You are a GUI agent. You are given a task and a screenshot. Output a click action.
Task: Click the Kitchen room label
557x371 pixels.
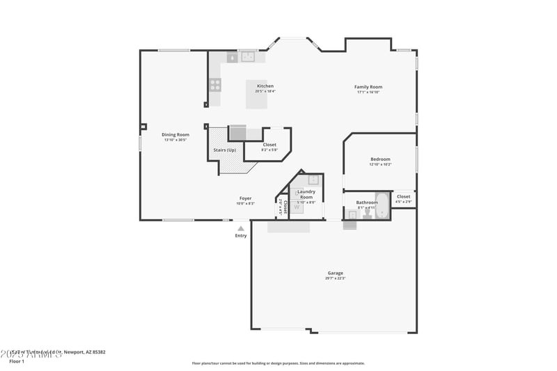point(265,86)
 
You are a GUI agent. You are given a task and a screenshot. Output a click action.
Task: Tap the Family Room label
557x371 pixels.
point(368,87)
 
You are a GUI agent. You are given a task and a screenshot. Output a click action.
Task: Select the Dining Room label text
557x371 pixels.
point(175,134)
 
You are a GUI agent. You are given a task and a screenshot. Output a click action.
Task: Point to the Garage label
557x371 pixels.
point(335,273)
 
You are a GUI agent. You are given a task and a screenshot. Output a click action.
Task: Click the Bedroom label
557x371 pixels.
point(380,159)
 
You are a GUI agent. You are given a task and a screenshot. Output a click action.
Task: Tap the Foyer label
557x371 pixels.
point(246,198)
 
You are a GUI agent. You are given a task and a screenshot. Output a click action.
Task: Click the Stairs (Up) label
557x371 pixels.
point(224,150)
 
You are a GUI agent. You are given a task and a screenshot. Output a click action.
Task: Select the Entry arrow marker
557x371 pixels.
point(241,228)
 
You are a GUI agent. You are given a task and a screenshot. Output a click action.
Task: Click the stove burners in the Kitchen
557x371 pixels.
point(216,85)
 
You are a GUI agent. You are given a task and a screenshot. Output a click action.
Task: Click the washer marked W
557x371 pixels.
point(297,207)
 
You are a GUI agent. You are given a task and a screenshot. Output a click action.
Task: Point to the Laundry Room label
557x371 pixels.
point(306,194)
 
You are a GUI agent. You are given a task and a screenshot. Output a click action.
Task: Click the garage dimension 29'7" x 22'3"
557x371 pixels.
point(335,278)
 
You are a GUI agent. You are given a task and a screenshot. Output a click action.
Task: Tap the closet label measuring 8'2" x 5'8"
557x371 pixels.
point(269,150)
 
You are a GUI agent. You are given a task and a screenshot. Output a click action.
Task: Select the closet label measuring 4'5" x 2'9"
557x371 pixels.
point(403,202)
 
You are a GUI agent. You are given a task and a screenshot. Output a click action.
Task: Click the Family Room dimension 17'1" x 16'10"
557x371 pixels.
point(368,92)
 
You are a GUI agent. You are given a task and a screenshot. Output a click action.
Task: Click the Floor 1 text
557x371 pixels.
point(17,361)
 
